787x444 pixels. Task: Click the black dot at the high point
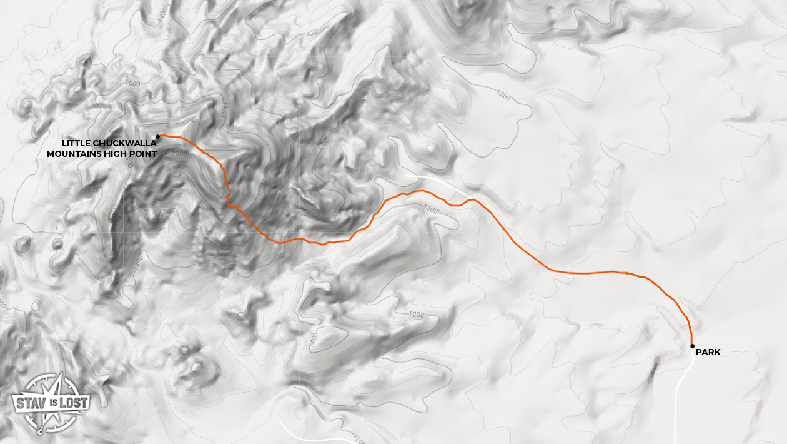(158, 136)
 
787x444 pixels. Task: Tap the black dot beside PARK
(692, 345)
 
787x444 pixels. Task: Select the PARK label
(708, 353)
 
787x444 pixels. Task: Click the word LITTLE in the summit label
(76, 143)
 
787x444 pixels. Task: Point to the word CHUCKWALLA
(124, 143)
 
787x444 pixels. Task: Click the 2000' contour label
(178, 153)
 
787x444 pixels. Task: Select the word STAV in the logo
(28, 401)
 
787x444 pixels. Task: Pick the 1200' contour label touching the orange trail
(432, 209)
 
